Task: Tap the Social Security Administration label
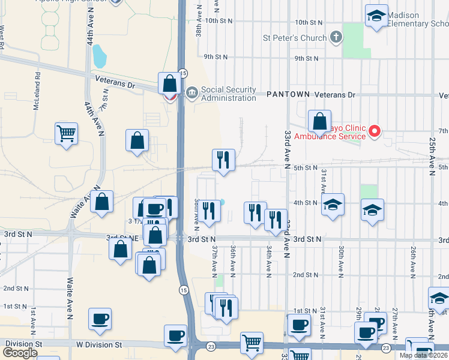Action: [x=228, y=94]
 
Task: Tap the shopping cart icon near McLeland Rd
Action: [x=66, y=133]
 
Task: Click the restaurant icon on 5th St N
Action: [x=223, y=160]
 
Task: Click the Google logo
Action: [x=20, y=353]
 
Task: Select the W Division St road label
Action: [x=98, y=345]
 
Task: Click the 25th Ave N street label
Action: [x=432, y=156]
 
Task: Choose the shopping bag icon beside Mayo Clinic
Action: [x=320, y=121]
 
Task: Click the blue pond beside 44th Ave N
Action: [x=99, y=56]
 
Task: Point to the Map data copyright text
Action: [x=423, y=355]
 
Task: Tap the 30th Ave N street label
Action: [x=341, y=259]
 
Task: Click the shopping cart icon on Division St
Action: [x=252, y=343]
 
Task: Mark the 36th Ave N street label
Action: [x=233, y=259]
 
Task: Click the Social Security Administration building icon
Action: [x=192, y=92]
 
